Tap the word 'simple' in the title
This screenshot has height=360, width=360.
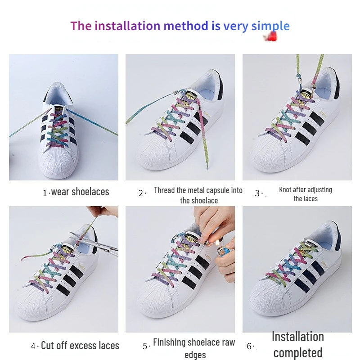(x=270, y=26)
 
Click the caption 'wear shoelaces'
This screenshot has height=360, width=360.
(x=80, y=192)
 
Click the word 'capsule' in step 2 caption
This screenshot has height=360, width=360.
(x=212, y=190)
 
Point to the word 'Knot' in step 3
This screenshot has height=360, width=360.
(x=285, y=190)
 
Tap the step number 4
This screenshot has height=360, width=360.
(x=33, y=346)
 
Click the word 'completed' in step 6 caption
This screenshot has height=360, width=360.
(x=297, y=353)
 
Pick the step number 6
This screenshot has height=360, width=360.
(x=249, y=346)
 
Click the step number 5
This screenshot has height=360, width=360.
(x=145, y=346)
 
